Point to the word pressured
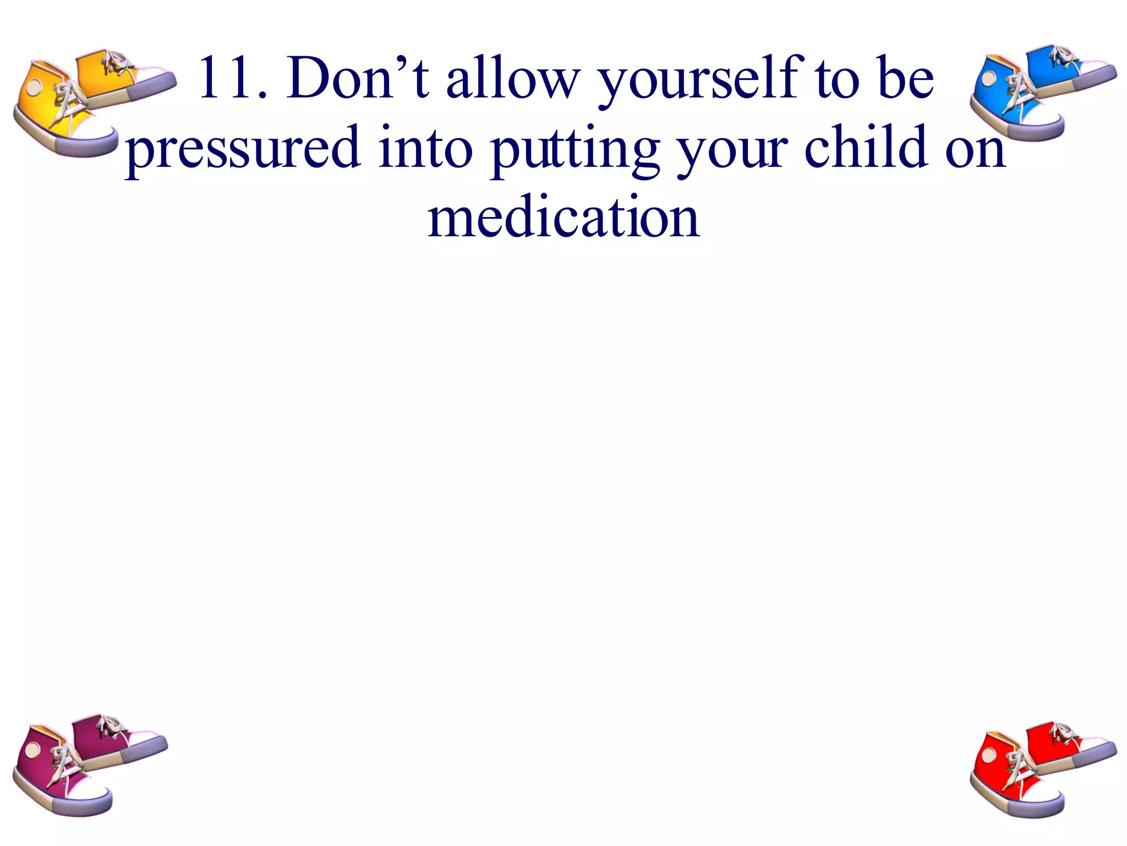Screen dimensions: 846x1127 (243, 149)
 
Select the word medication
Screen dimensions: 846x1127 (563, 217)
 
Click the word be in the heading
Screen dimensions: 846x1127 (906, 78)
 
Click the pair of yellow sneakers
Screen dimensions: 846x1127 (91, 102)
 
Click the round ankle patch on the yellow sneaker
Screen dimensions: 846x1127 (35, 87)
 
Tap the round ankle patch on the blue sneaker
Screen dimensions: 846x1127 (989, 78)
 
